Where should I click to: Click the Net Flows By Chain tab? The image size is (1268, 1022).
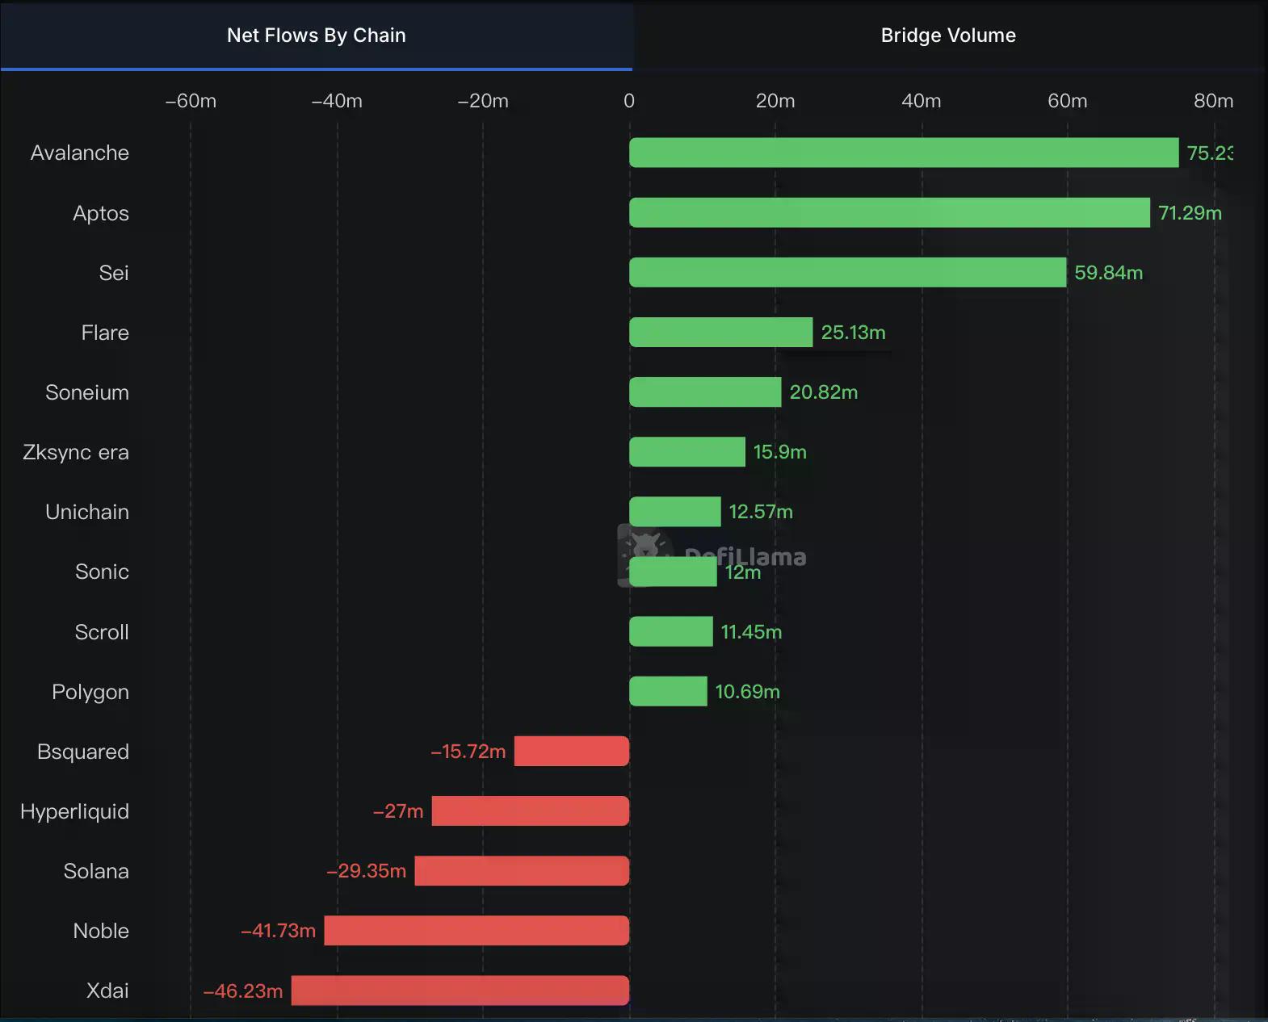[x=316, y=36]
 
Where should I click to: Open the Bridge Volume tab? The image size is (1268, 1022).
[x=948, y=36]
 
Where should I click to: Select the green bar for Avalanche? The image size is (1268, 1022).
[x=903, y=153]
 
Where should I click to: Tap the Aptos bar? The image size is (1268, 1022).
[x=888, y=212]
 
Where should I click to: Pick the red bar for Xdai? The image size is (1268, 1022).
[x=460, y=991]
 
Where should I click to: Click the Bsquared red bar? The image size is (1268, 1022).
[x=571, y=752]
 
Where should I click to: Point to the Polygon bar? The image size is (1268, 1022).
[x=668, y=692]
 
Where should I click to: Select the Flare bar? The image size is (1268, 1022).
[x=720, y=333]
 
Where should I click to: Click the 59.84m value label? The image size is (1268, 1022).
[x=1108, y=273]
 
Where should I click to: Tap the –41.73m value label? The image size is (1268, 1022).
[x=278, y=931]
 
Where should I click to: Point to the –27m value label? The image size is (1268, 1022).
[x=398, y=811]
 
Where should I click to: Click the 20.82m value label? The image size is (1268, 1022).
[x=823, y=392]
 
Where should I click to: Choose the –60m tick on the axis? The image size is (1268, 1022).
[x=191, y=101]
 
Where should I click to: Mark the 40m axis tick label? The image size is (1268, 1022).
[x=921, y=101]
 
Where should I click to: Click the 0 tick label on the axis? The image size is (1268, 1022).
[x=629, y=101]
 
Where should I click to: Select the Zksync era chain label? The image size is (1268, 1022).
[x=76, y=452]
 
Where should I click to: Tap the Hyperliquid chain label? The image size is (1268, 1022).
[x=74, y=811]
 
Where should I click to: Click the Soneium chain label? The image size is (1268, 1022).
[x=87, y=392]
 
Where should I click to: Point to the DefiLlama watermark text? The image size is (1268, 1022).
[x=745, y=555]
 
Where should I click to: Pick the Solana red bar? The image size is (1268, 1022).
[x=522, y=871]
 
